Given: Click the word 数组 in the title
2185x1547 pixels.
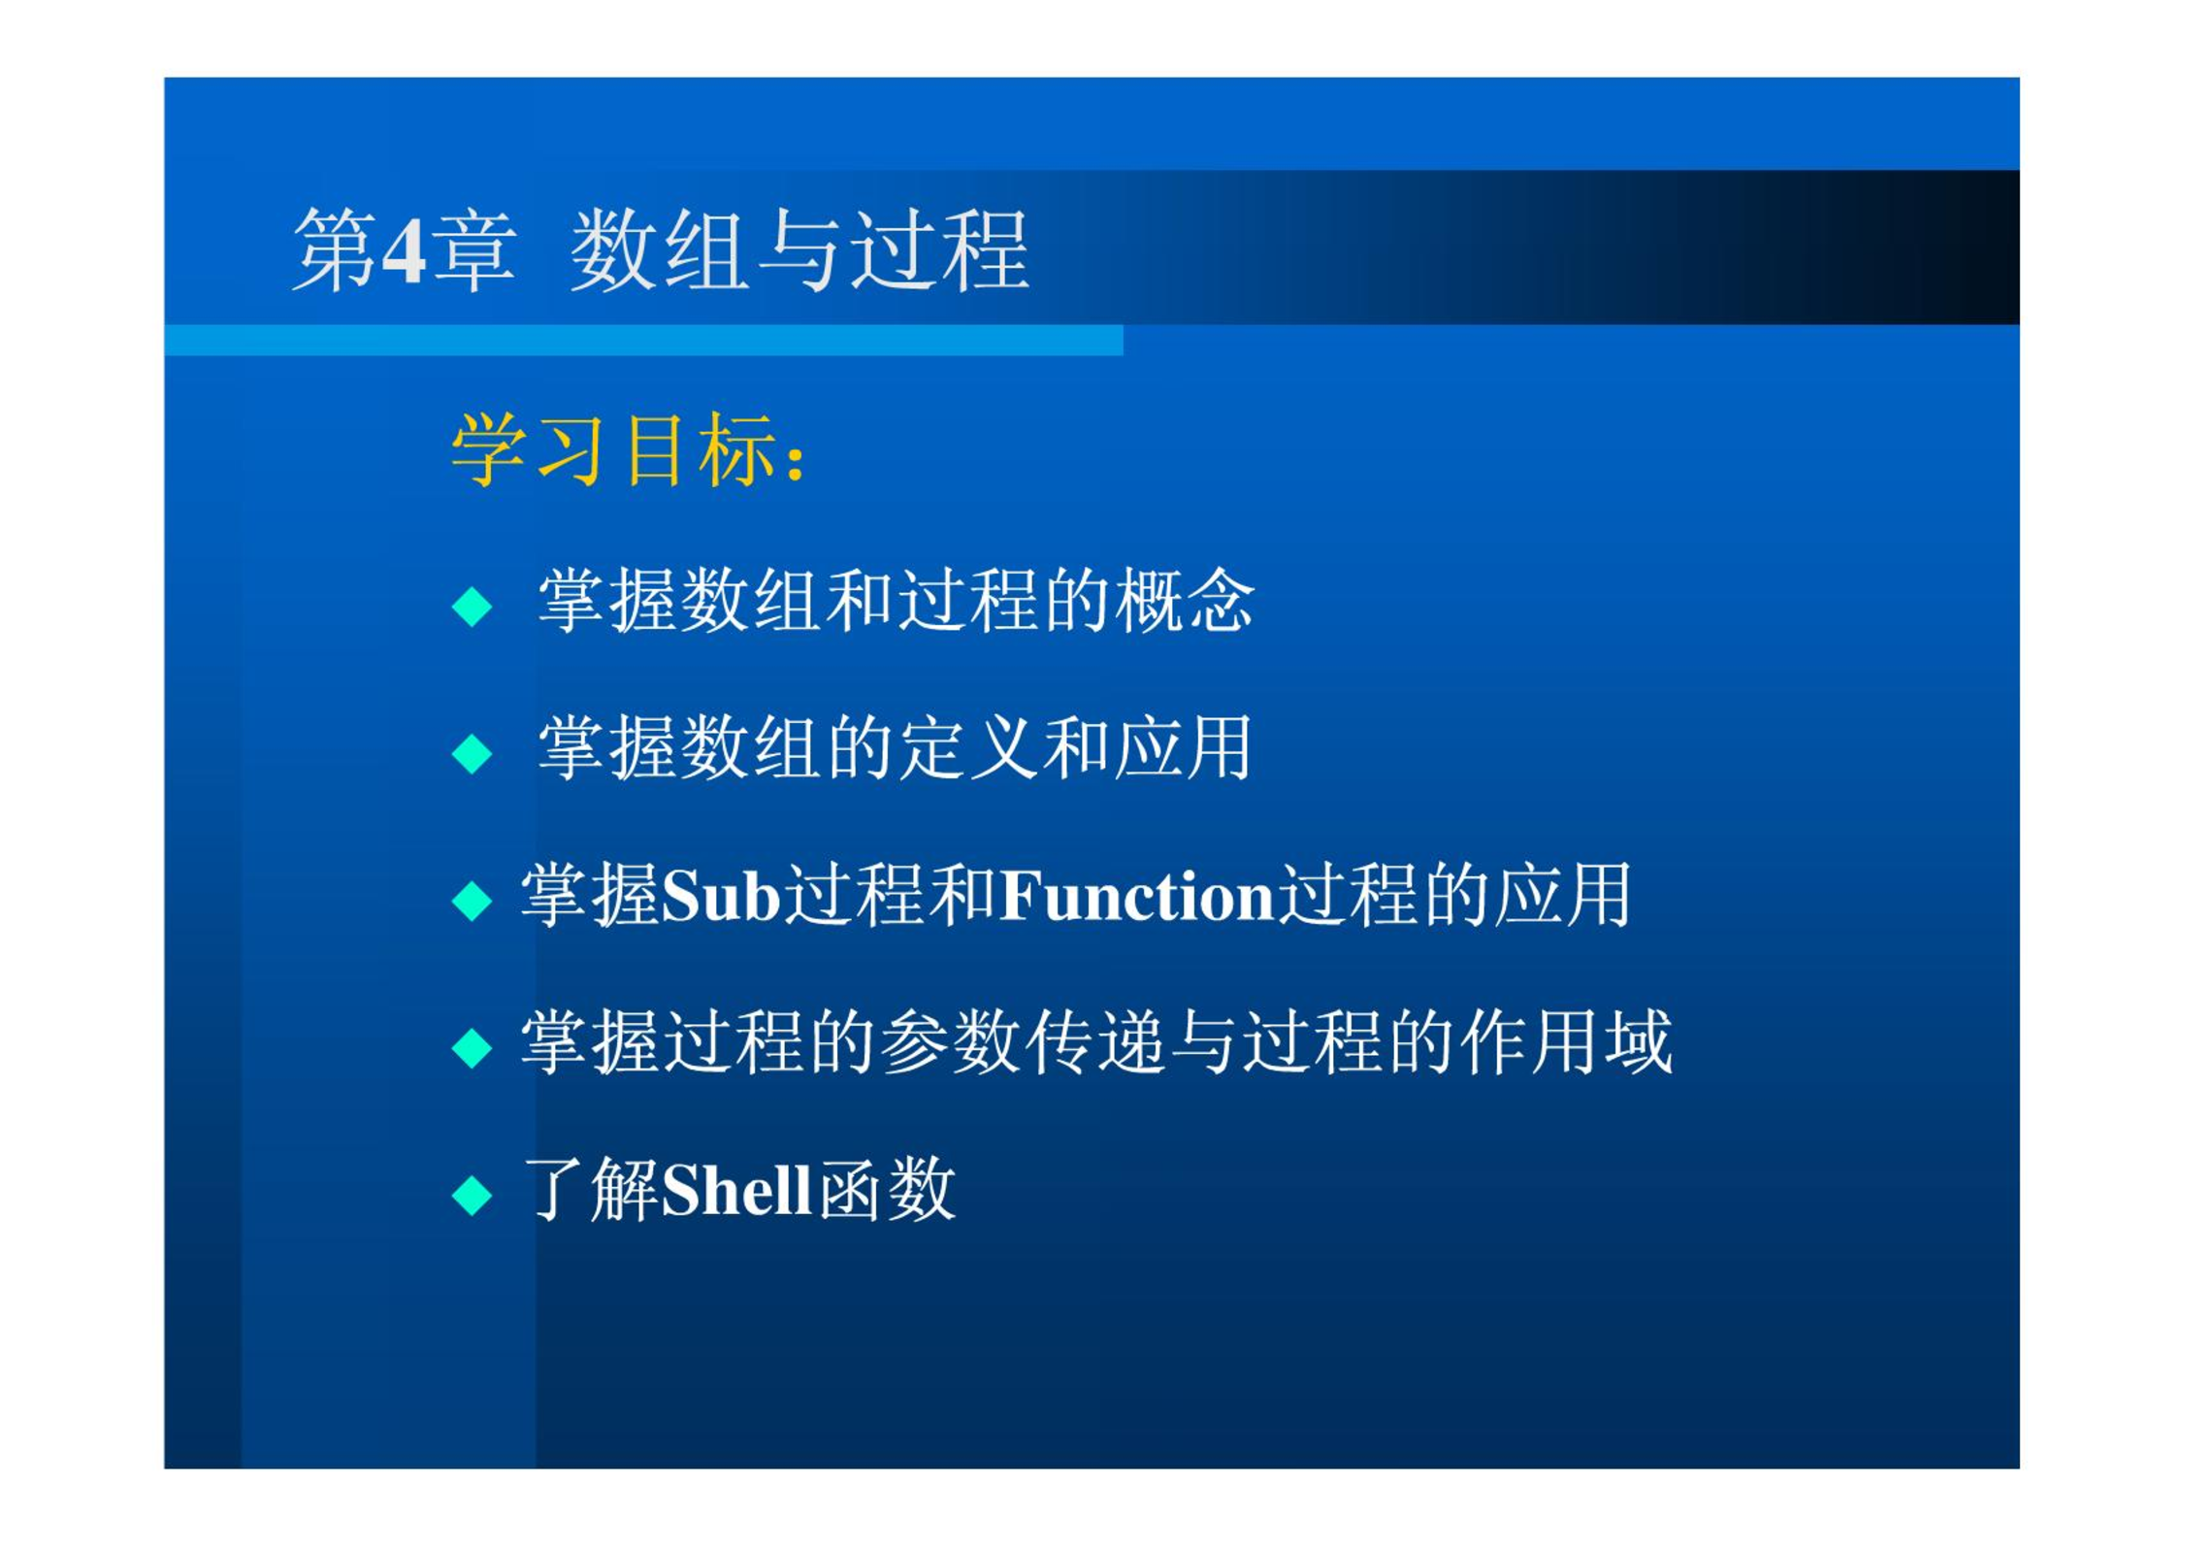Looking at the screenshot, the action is (x=659, y=250).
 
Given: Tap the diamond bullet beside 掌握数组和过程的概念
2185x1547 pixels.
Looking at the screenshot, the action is (x=473, y=607).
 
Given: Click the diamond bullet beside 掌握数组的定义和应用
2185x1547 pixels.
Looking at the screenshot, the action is (x=473, y=753).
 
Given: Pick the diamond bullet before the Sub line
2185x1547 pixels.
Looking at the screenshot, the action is (x=473, y=900).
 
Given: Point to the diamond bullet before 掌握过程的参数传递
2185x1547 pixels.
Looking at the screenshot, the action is (x=473, y=1048).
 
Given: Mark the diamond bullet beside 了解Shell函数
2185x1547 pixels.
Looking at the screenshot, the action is (x=473, y=1195).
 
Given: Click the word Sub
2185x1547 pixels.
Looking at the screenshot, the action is (x=722, y=895).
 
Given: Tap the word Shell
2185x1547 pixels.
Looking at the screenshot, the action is (x=736, y=1189).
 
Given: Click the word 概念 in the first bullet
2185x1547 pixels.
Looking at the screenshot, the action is (x=1184, y=601).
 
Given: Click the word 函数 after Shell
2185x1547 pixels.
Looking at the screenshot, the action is (x=886, y=1189).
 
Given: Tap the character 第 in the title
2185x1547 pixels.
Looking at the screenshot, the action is (x=336, y=250).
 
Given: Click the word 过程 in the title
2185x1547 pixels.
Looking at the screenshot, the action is (x=939, y=250).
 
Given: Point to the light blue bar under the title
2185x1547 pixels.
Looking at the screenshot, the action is (x=643, y=340).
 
